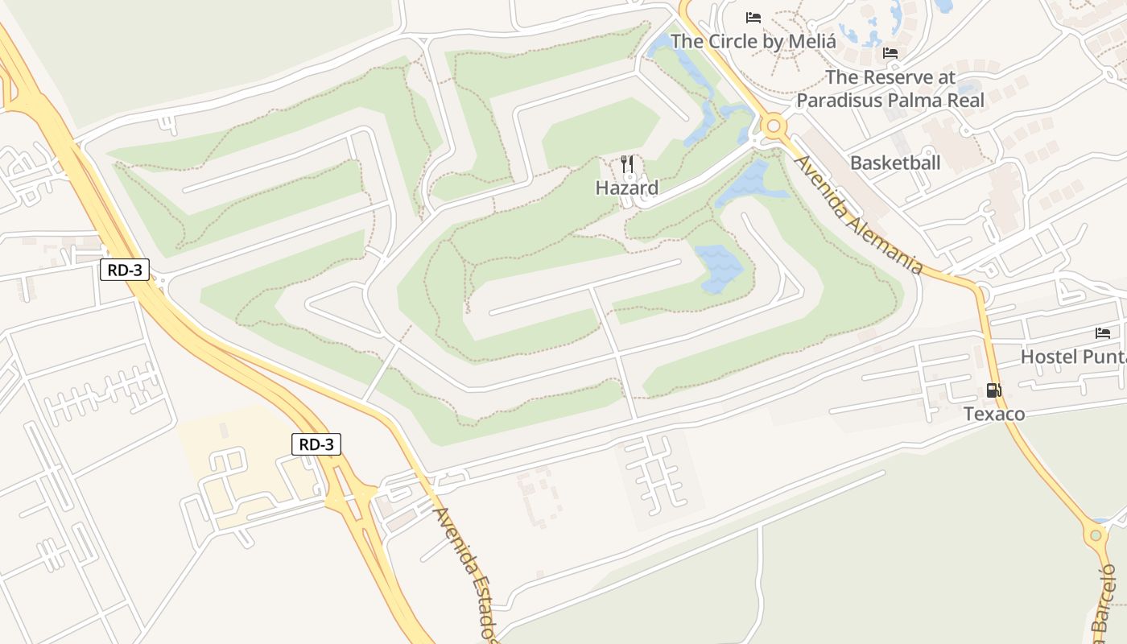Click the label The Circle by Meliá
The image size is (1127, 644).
753,40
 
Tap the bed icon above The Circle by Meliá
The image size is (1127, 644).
753,17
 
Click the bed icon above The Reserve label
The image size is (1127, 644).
890,53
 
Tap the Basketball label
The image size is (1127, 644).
895,163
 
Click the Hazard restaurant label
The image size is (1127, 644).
627,188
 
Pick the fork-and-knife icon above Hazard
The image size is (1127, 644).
628,163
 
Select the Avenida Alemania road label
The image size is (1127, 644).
858,214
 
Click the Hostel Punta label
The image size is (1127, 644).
1073,356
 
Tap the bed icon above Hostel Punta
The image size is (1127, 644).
1102,332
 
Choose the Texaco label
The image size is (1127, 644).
995,414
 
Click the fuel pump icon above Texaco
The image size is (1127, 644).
994,390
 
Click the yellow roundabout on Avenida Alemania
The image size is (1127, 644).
774,126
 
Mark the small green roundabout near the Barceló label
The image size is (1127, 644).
1096,535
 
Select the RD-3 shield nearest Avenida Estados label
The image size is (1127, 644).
316,444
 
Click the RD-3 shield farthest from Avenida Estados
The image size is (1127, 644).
125,270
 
